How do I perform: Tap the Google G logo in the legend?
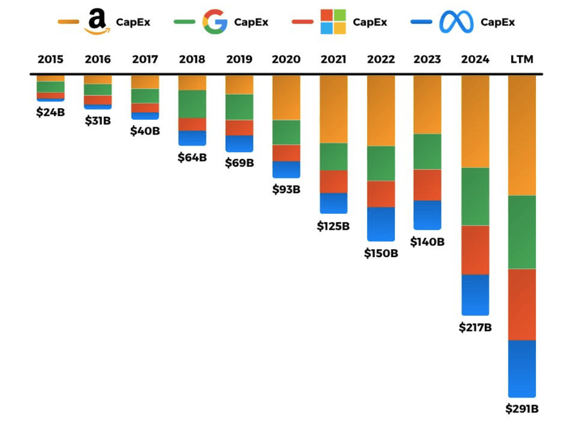(x=214, y=22)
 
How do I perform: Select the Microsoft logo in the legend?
(x=333, y=22)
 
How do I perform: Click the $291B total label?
(x=522, y=409)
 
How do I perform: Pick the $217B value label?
(x=475, y=327)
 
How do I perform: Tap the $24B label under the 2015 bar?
(x=51, y=112)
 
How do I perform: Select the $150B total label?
(x=381, y=253)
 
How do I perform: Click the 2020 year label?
(x=286, y=59)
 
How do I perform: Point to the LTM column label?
(x=522, y=59)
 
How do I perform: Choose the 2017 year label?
(x=145, y=59)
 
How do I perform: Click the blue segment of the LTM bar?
(x=522, y=368)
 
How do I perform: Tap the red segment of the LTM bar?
(x=522, y=304)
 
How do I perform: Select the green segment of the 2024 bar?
(x=475, y=196)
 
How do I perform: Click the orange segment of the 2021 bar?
(x=334, y=109)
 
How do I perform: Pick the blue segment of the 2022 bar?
(x=381, y=223)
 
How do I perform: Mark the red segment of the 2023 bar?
(x=427, y=185)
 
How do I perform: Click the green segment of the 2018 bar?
(x=192, y=104)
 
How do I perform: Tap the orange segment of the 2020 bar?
(x=286, y=97)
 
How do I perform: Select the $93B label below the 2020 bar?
(x=286, y=189)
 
